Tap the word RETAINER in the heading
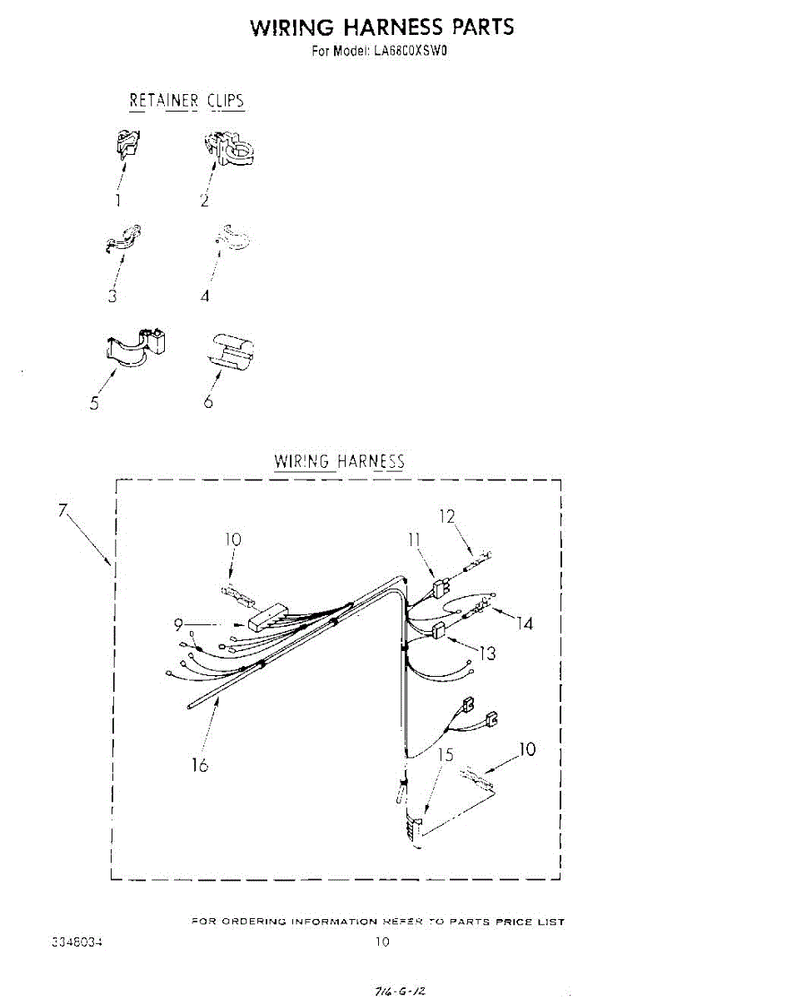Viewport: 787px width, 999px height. [x=163, y=102]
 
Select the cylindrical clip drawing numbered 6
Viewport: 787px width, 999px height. [x=232, y=350]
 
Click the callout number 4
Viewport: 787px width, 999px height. [x=205, y=296]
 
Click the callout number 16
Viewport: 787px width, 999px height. [x=200, y=764]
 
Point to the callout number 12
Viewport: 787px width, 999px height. [x=447, y=517]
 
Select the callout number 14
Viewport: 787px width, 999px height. [x=525, y=623]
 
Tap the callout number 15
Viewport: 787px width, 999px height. [x=446, y=755]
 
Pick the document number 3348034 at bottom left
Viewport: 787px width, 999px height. [x=77, y=942]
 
